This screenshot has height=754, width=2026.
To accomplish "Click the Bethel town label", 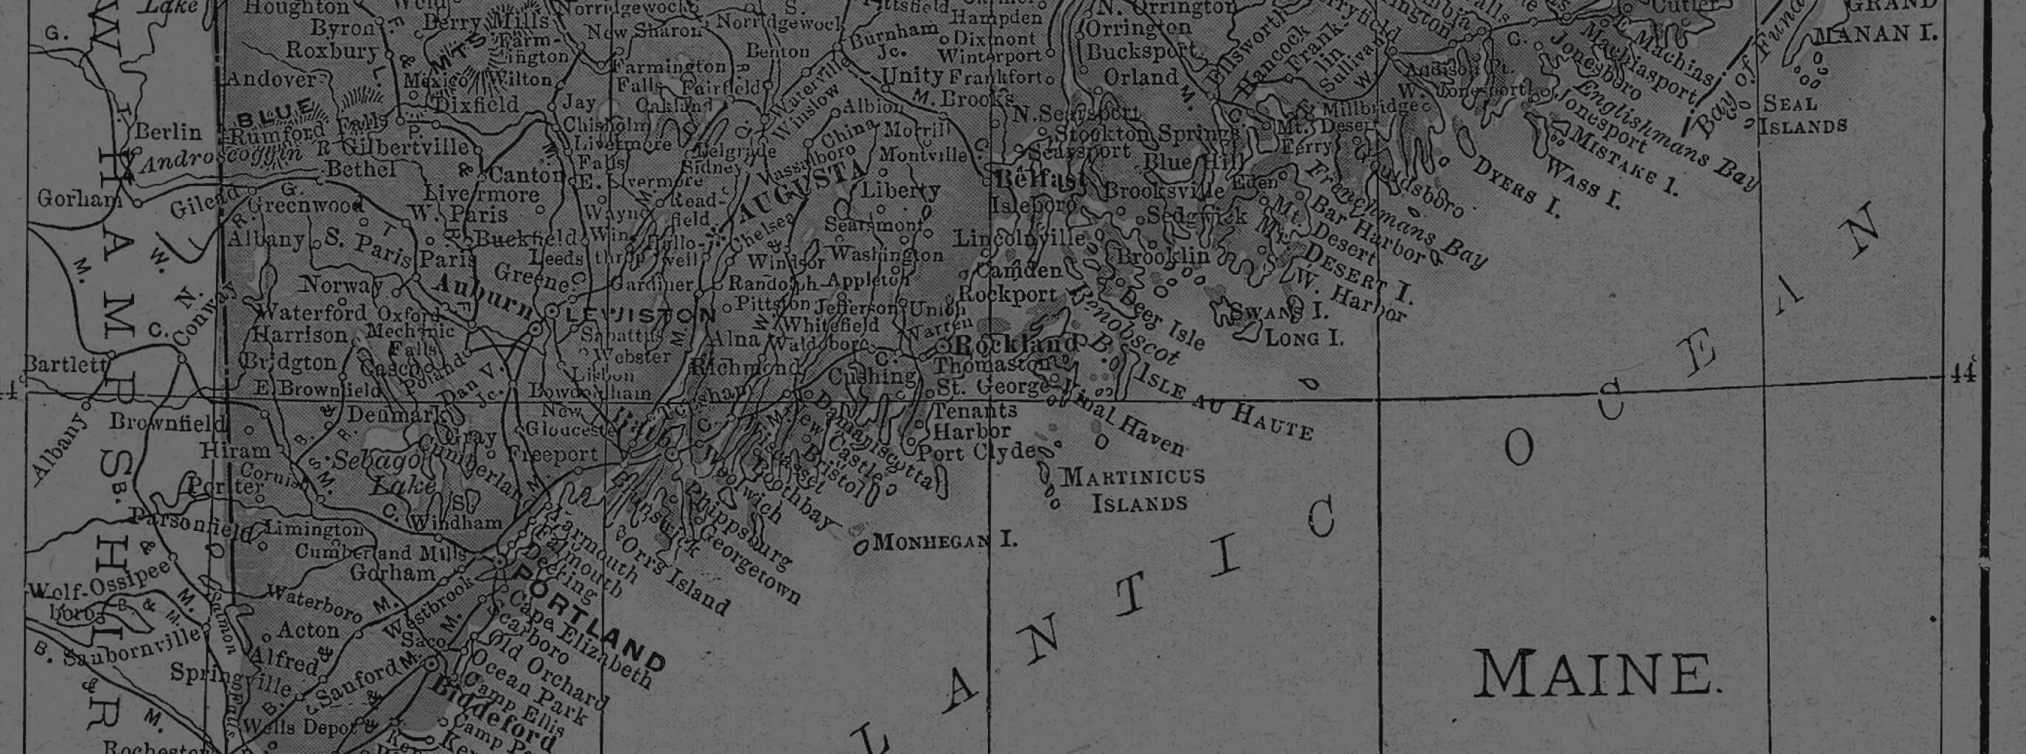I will point(361,169).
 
